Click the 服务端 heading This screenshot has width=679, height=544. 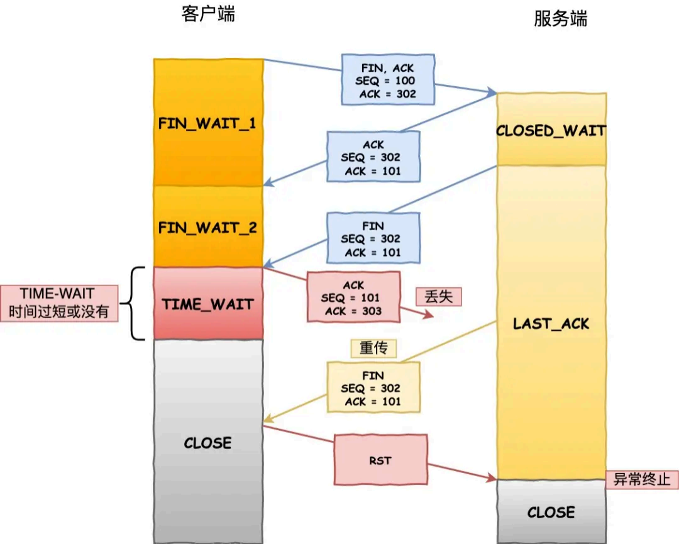(x=560, y=19)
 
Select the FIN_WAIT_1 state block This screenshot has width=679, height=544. (x=208, y=123)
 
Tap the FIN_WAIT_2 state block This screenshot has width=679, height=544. (x=208, y=226)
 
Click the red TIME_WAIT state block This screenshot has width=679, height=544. (x=208, y=304)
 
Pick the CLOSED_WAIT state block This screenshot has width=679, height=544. (x=551, y=130)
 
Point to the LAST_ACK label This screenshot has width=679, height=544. (x=551, y=324)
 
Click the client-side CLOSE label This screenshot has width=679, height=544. (x=208, y=443)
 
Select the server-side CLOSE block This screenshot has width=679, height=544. (x=551, y=512)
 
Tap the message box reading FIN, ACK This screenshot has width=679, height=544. (x=388, y=80)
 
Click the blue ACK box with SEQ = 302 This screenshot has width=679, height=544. (x=373, y=157)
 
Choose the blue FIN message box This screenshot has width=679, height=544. (x=373, y=238)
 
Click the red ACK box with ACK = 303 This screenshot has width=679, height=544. (x=353, y=297)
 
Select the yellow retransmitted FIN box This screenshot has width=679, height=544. (x=373, y=387)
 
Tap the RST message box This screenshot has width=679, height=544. (x=380, y=460)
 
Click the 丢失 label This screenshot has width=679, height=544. (x=438, y=296)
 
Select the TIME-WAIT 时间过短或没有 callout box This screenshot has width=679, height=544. (x=59, y=303)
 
